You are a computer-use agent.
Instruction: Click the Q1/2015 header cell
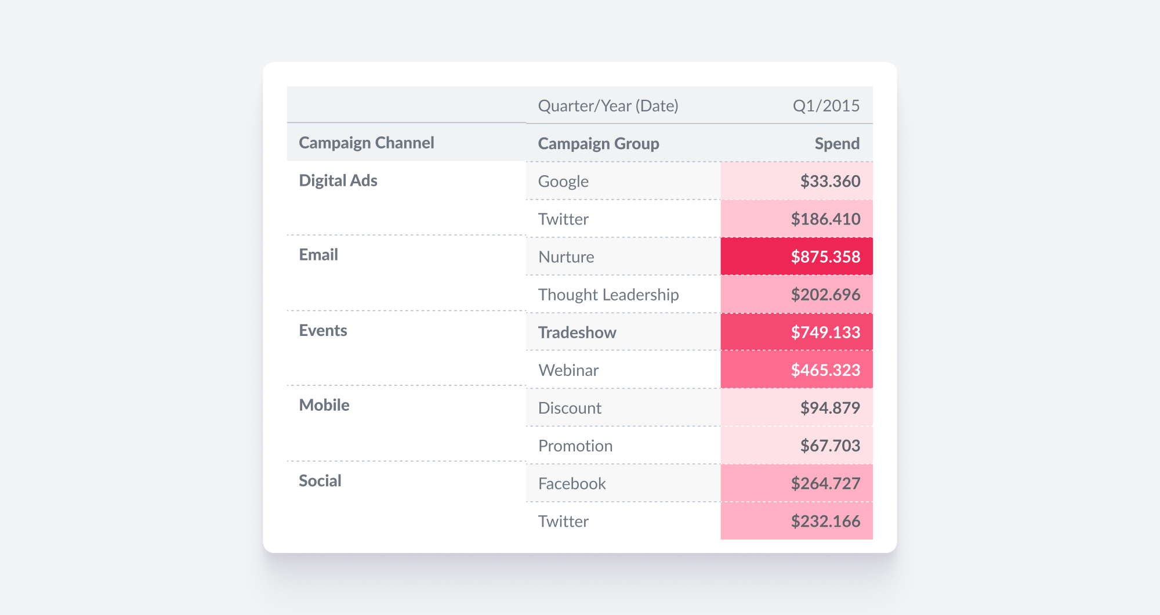(x=826, y=106)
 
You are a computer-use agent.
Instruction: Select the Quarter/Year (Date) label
(x=608, y=106)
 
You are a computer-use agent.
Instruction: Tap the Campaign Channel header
(x=366, y=143)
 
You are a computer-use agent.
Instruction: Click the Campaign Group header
(x=598, y=143)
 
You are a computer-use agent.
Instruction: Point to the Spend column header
(x=836, y=143)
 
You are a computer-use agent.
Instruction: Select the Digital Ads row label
(x=338, y=180)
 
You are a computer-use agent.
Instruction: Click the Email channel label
(x=318, y=255)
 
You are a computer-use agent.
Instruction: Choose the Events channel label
(x=323, y=330)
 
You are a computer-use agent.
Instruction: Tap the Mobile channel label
(x=324, y=405)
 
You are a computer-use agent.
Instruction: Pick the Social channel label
(x=320, y=480)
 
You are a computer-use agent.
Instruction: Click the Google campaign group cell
(x=563, y=181)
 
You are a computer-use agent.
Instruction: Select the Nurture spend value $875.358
(x=825, y=256)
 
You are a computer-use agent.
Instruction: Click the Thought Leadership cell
(x=608, y=295)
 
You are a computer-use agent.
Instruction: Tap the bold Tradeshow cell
(x=577, y=332)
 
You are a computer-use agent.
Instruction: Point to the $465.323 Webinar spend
(x=825, y=370)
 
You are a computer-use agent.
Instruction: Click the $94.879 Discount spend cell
(x=829, y=408)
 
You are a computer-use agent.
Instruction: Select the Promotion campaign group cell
(x=575, y=446)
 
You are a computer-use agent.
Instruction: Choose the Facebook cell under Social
(x=572, y=483)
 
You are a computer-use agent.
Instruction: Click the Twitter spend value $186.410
(x=825, y=219)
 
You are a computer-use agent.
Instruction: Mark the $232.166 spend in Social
(x=825, y=521)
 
